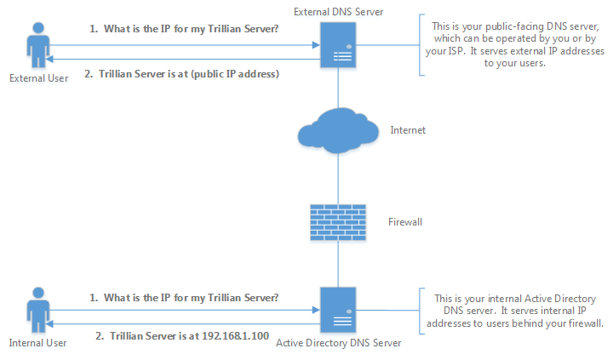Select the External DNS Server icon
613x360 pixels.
(x=338, y=44)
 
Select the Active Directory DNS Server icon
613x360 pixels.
(x=338, y=311)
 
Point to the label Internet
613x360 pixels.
(x=407, y=131)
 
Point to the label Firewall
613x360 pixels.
(x=406, y=221)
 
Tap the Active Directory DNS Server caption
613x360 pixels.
(x=338, y=344)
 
